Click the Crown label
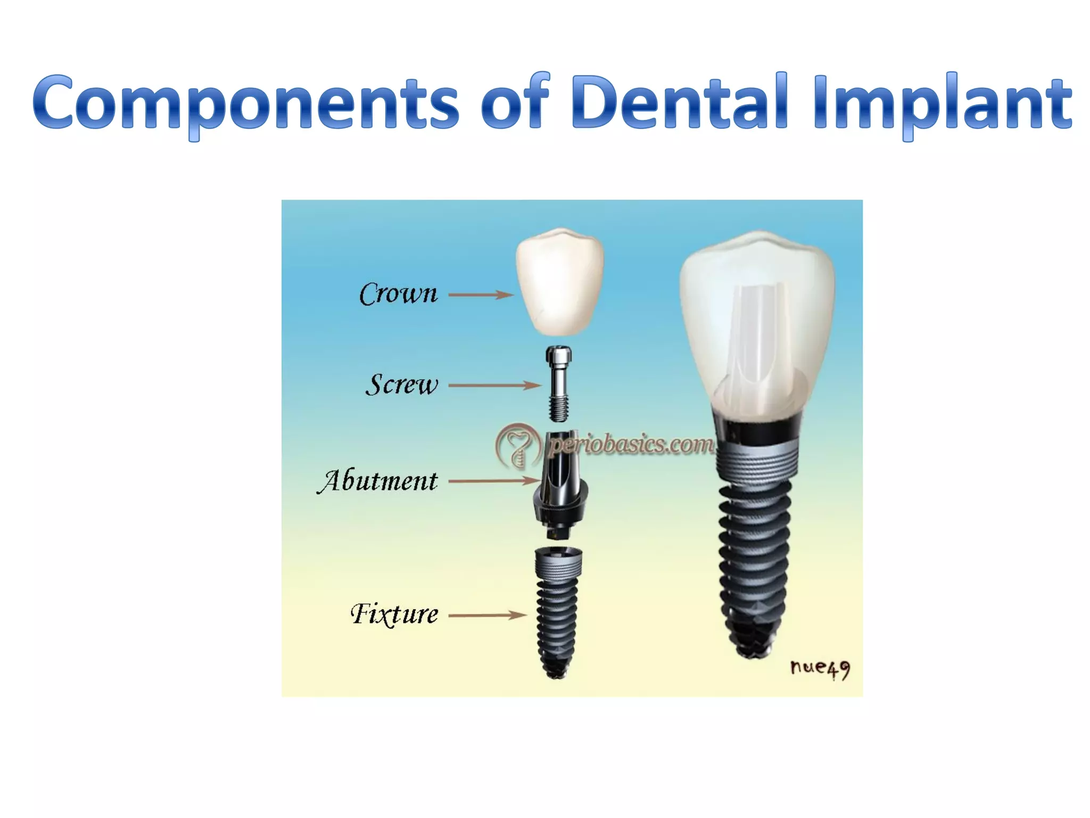point(398,293)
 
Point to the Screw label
point(402,385)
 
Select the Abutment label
point(378,481)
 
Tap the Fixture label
point(394,615)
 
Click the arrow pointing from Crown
point(481,294)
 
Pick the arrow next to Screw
point(494,385)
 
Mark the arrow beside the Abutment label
point(494,481)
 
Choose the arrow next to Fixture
point(488,615)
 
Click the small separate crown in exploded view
point(559,282)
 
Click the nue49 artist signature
point(820,668)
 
